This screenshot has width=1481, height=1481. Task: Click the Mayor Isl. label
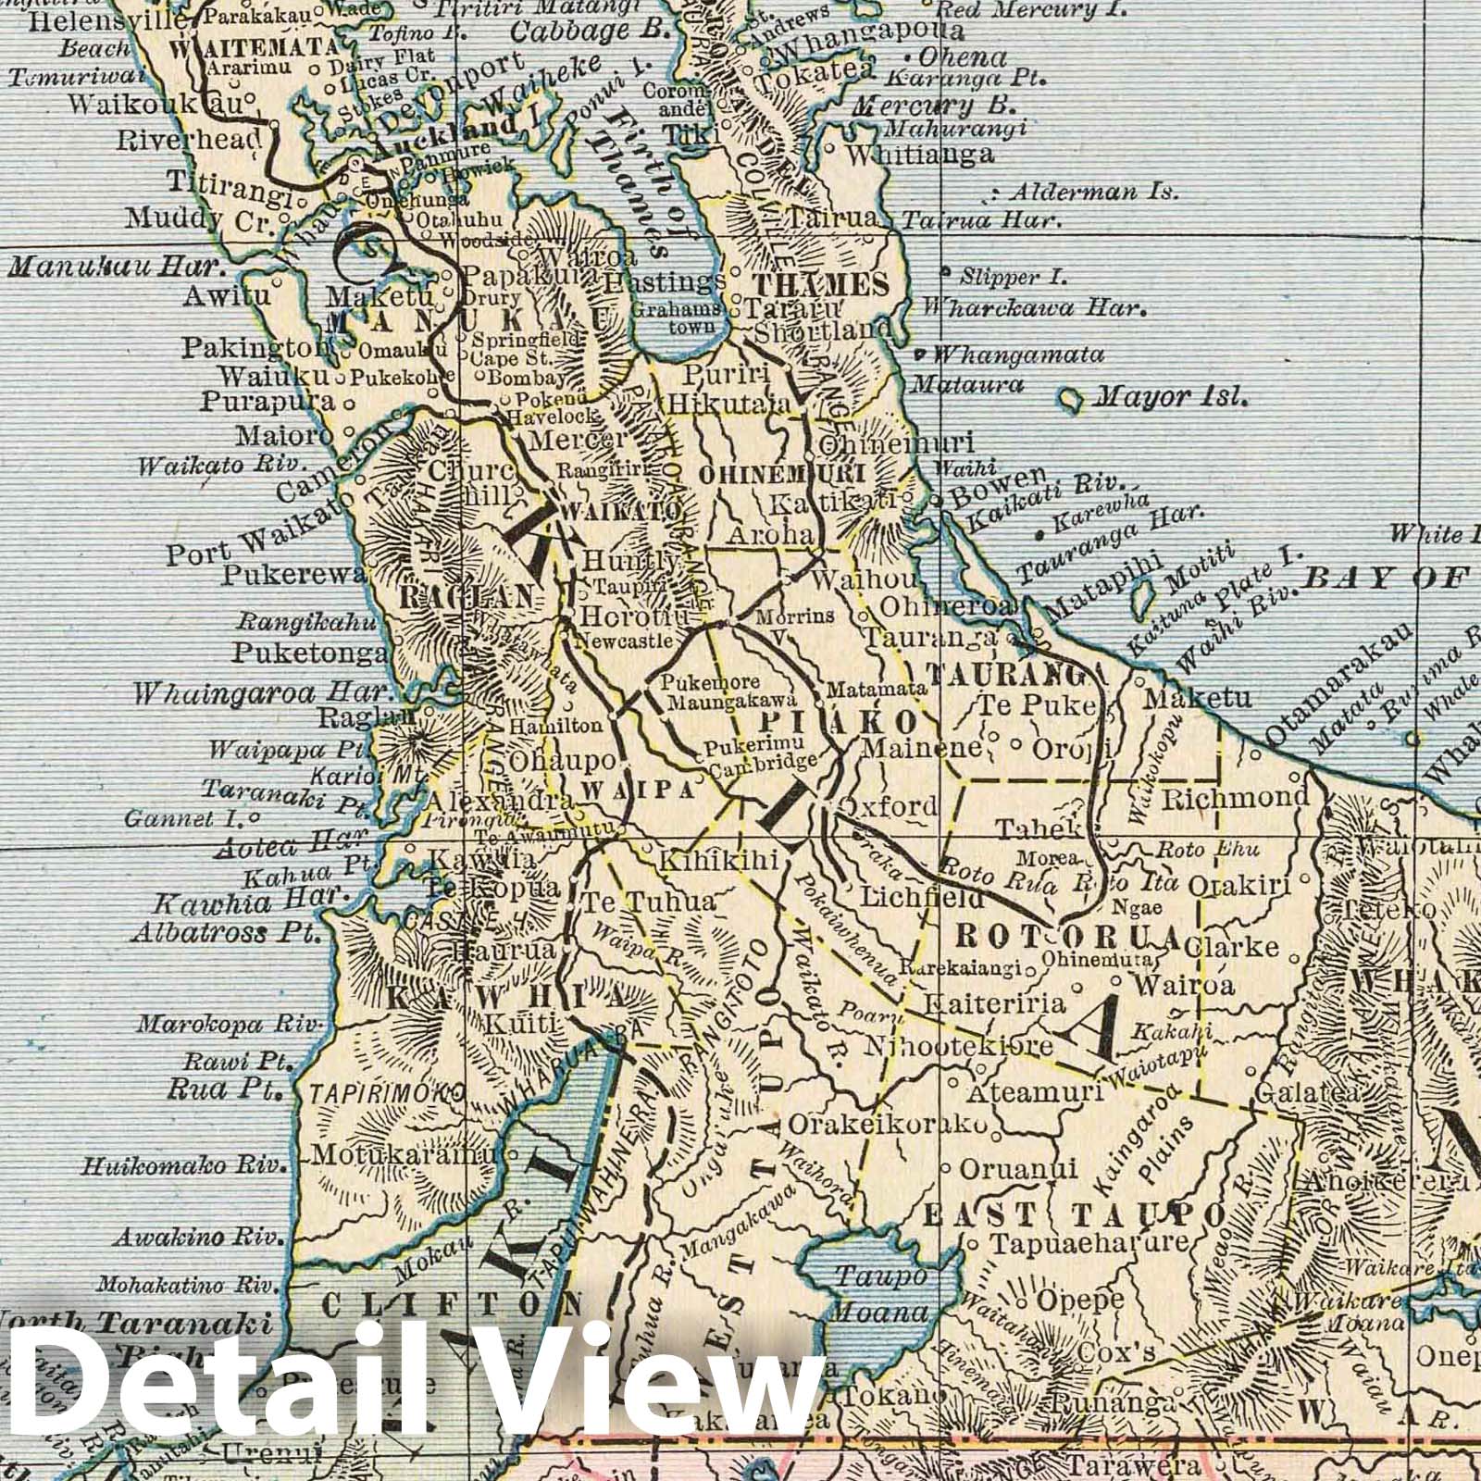1171,399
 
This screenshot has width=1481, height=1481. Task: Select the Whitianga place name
920,154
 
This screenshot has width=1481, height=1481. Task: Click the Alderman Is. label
1092,193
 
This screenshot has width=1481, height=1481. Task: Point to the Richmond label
1235,797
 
